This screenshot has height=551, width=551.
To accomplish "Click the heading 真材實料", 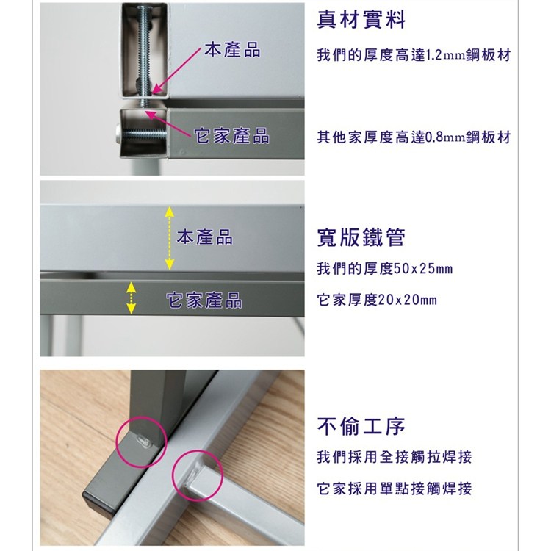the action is pyautogui.click(x=361, y=20).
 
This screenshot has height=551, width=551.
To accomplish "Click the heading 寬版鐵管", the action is pyautogui.click(x=361, y=237).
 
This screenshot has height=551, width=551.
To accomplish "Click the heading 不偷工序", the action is pyautogui.click(x=361, y=426).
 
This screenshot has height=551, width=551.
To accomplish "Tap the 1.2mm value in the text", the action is pyautogui.click(x=445, y=56).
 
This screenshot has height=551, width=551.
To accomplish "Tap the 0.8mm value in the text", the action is pyautogui.click(x=445, y=137).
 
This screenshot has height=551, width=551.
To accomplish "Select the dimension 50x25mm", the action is pyautogui.click(x=422, y=269).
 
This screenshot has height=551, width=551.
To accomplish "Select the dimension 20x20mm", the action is pyautogui.click(x=407, y=300).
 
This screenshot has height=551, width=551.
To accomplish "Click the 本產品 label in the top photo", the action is pyautogui.click(x=232, y=49).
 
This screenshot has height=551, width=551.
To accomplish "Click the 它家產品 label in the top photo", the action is pyautogui.click(x=231, y=136).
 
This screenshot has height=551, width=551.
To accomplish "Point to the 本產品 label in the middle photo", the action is pyautogui.click(x=204, y=237).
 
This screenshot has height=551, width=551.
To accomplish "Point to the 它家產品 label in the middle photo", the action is pyautogui.click(x=204, y=300).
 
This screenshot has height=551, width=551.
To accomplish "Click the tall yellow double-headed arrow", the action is pyautogui.click(x=170, y=238).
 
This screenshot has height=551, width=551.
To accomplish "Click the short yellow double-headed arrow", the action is pyautogui.click(x=131, y=298).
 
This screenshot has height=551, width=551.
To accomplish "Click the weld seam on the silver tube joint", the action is pyautogui.click(x=192, y=475).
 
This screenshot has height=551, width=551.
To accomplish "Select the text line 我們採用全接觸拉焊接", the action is pyautogui.click(x=395, y=458).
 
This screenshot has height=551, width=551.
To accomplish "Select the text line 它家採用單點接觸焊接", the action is pyautogui.click(x=395, y=489).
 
